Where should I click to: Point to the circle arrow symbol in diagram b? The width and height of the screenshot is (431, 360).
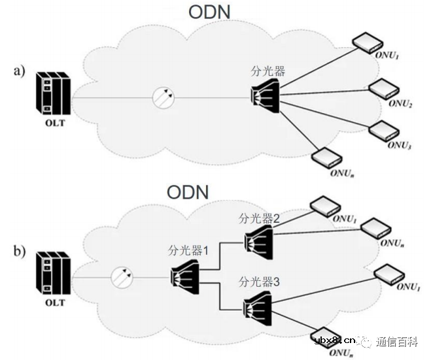(x=122, y=278)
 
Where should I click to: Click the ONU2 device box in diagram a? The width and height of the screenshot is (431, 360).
(x=383, y=90)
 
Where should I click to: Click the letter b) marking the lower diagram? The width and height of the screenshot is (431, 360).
(x=20, y=250)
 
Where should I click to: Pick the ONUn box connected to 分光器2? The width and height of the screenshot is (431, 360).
(x=376, y=227)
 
